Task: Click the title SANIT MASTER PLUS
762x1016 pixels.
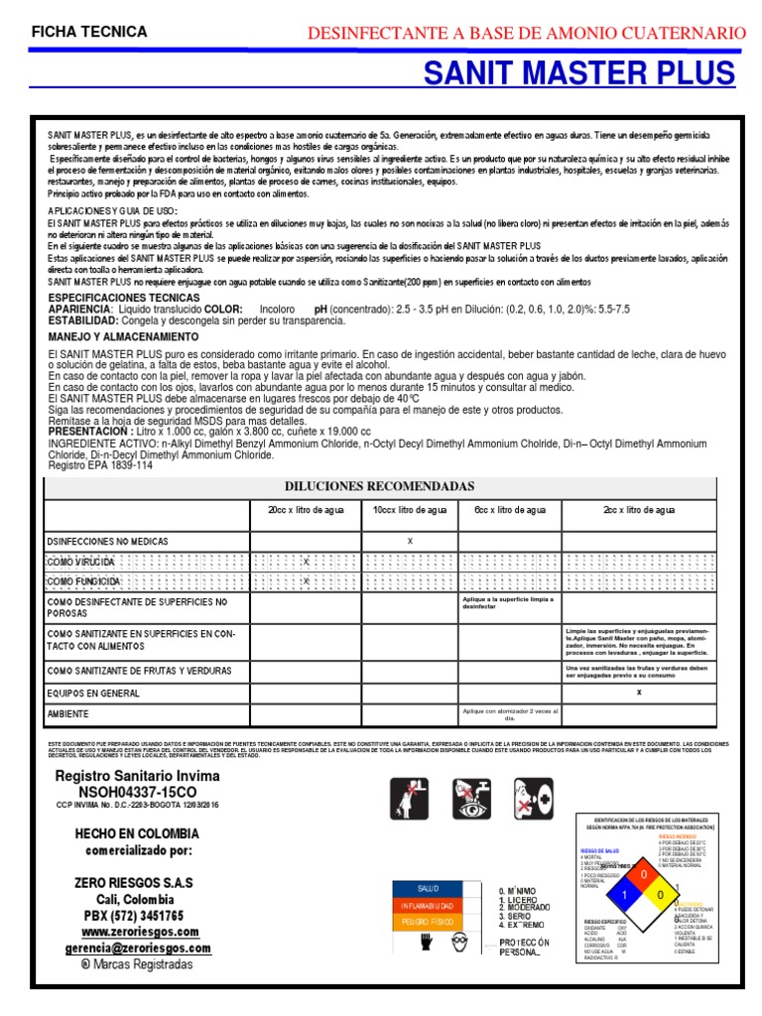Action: (x=579, y=73)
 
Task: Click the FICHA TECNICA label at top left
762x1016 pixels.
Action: (x=89, y=32)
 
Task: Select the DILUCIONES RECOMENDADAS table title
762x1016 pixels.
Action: (x=380, y=486)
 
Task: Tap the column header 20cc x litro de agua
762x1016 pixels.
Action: (x=305, y=510)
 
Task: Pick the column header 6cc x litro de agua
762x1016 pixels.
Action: (x=509, y=510)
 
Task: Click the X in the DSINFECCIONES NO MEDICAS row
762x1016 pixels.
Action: (x=410, y=541)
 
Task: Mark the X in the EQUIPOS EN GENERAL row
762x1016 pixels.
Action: (x=639, y=693)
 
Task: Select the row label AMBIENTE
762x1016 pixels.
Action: (x=68, y=713)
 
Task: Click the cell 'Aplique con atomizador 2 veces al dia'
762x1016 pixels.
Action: (x=509, y=714)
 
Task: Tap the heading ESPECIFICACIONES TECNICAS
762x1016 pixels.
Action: (x=124, y=298)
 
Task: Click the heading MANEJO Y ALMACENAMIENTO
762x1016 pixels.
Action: (x=123, y=337)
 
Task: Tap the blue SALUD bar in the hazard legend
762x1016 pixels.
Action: (x=428, y=888)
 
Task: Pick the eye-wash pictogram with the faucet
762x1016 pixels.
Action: (x=469, y=802)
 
